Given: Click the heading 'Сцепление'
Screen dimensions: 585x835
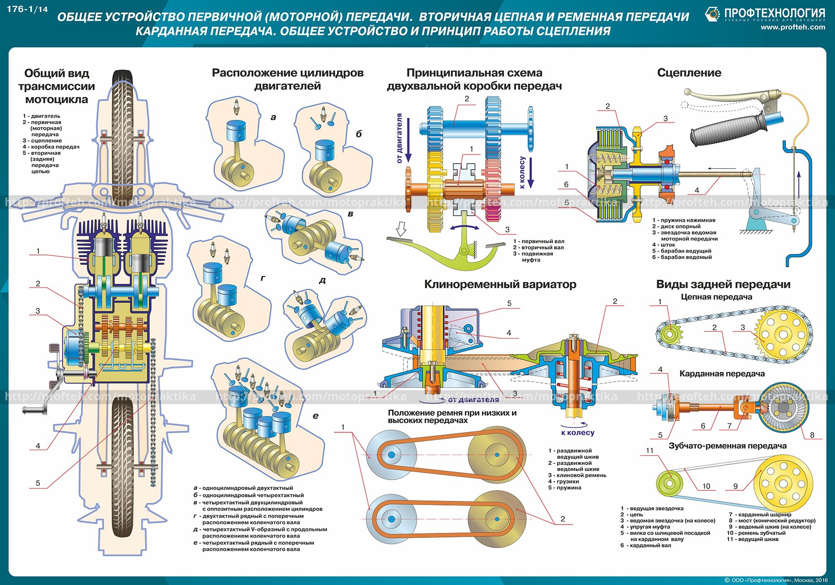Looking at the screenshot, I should tap(689, 73).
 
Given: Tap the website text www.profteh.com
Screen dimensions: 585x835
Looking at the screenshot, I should tap(792, 27).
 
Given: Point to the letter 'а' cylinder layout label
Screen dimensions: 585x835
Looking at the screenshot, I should tap(273, 117).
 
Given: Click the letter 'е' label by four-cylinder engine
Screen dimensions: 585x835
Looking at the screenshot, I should tap(316, 415).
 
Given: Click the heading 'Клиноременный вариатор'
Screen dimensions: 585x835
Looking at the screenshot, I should tap(500, 284).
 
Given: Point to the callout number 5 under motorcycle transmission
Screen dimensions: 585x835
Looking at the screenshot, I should tap(38, 483).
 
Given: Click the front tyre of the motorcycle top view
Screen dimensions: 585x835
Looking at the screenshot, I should tap(123, 133).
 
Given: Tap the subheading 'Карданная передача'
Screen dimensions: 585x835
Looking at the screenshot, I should tap(722, 374).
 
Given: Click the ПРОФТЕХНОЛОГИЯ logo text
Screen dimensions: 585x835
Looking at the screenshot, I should tap(774, 13).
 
